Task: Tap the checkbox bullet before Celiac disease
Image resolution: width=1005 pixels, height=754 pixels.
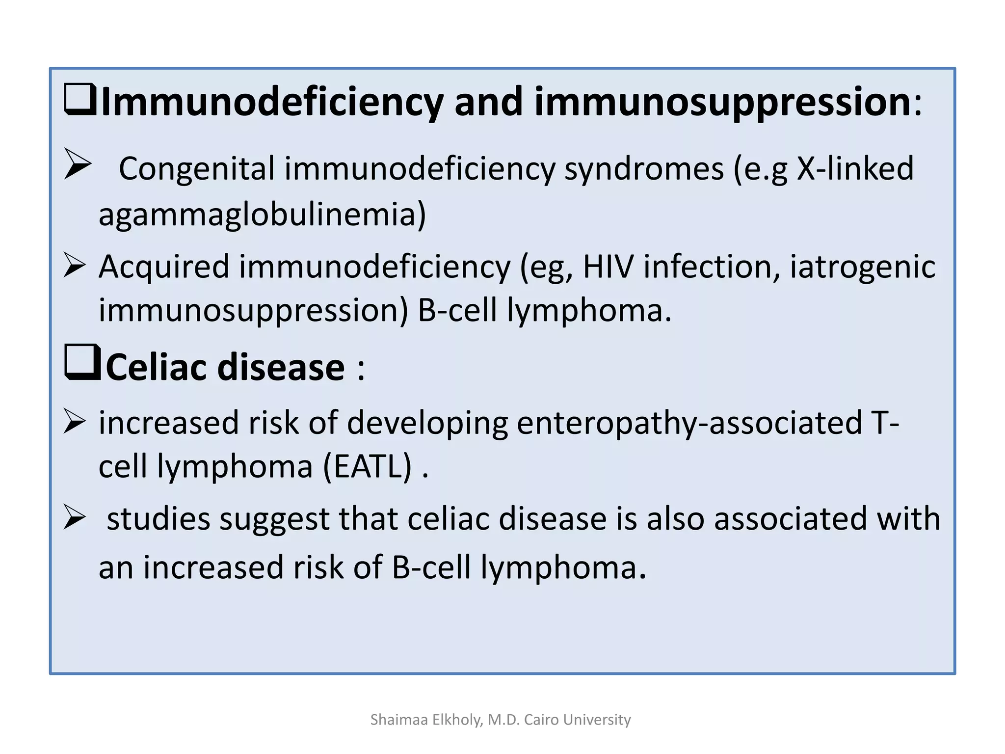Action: pyautogui.click(x=82, y=363)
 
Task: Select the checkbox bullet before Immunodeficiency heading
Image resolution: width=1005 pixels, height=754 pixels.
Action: pyautogui.click(x=80, y=100)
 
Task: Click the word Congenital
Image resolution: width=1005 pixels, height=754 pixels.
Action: pyautogui.click(x=196, y=169)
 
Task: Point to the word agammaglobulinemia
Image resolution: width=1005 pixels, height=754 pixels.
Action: pyautogui.click(x=262, y=215)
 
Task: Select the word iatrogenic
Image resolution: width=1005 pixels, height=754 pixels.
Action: pyautogui.click(x=862, y=267)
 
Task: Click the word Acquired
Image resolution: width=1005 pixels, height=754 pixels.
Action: pyautogui.click(x=164, y=267)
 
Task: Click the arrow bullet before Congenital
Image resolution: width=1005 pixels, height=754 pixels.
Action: pyautogui.click(x=78, y=164)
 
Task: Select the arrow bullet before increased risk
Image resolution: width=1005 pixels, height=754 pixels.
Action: pyautogui.click(x=75, y=422)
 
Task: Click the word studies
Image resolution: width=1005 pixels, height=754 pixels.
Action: pyautogui.click(x=159, y=519)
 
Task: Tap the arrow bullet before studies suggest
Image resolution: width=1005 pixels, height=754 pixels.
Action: pyautogui.click(x=75, y=518)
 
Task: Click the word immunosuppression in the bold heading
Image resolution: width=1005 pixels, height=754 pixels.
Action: pyautogui.click(x=722, y=102)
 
